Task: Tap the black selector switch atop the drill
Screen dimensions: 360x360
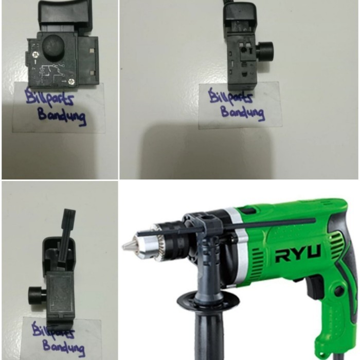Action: click(x=247, y=210)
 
